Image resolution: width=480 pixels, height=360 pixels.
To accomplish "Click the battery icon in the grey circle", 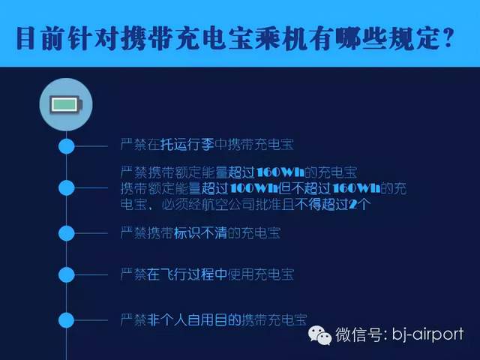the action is point(66,105).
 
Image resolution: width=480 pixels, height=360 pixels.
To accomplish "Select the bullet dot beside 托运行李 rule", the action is point(67,146).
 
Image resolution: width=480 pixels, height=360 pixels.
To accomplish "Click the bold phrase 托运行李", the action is point(187,145).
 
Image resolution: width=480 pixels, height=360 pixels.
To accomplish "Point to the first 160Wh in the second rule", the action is point(280,172).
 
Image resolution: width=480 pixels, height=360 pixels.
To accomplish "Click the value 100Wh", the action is point(253,188).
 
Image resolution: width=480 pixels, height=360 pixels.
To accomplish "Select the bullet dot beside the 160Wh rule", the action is point(67,187).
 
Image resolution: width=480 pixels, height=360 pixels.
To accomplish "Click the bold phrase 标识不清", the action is point(200,233).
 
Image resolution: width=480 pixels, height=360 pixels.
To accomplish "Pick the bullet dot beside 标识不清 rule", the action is point(67,233).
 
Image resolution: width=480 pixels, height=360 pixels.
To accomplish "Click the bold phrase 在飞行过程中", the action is point(187,274).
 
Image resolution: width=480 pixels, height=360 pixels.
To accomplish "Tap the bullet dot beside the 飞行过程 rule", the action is point(67,274).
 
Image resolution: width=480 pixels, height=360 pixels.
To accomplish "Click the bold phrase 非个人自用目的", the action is point(193,320).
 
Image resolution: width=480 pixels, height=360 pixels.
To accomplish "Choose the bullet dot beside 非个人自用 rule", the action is point(67,320).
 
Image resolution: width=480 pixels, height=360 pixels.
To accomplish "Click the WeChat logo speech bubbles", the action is point(319,335).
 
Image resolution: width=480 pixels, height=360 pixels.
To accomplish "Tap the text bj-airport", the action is point(428,334).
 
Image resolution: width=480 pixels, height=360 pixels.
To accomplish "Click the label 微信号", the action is point(358,334).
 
